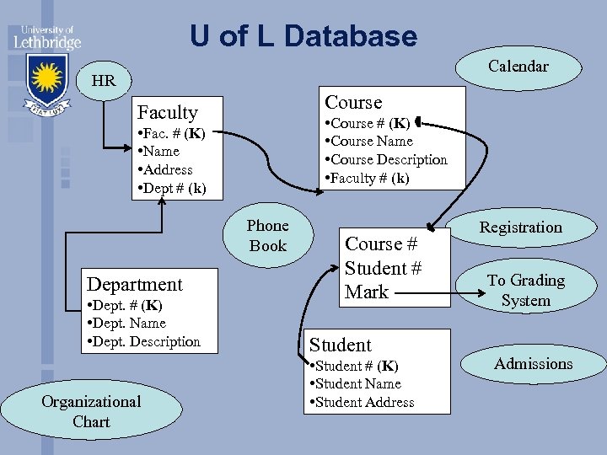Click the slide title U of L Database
[303, 36]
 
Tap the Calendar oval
[518, 67]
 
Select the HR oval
[104, 82]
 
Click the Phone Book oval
[267, 236]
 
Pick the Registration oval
[520, 227]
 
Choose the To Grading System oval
[525, 290]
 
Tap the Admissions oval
[533, 364]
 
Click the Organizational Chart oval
[91, 411]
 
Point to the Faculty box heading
[167, 113]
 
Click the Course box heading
[353, 103]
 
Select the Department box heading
[135, 285]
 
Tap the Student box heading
[340, 345]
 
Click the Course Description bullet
[386, 160]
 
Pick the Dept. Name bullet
[126, 324]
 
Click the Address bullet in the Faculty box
[165, 170]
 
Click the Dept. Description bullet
[143, 342]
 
